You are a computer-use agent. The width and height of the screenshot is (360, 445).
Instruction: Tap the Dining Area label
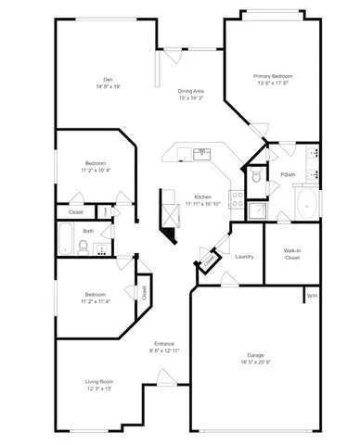click(x=191, y=90)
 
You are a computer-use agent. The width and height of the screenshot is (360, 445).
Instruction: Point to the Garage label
click(x=254, y=354)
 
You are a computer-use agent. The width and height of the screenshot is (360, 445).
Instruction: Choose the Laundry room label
click(x=245, y=257)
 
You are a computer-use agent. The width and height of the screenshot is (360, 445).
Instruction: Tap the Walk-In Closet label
click(x=291, y=254)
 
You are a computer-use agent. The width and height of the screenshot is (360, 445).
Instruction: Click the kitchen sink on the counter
click(x=201, y=150)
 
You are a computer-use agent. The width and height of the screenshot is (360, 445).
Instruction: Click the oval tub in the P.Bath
click(x=305, y=205)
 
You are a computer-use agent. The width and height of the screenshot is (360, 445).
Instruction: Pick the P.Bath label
click(x=288, y=174)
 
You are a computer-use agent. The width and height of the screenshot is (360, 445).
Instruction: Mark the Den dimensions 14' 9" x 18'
click(x=109, y=85)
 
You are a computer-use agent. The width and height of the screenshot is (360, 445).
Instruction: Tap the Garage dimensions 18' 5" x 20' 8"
click(x=254, y=362)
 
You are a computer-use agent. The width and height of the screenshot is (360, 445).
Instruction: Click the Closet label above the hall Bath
click(x=76, y=212)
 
